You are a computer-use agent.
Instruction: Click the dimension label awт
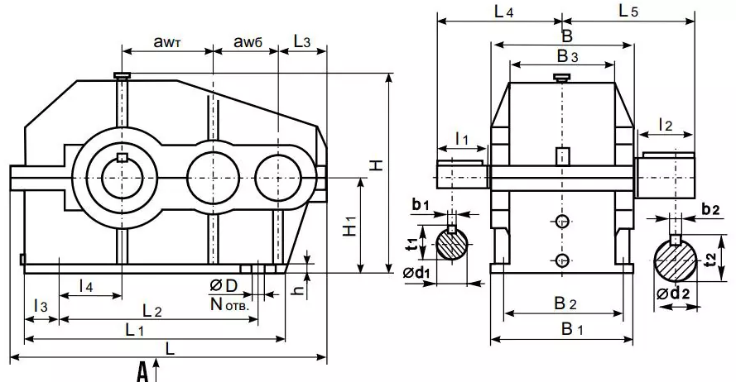[168, 41]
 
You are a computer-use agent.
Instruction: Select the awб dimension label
[247, 41]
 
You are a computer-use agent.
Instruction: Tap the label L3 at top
[303, 41]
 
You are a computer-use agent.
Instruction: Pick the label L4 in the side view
[503, 12]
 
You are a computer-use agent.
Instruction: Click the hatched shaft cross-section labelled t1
[452, 245]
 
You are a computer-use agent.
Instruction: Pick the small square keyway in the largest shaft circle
[122, 158]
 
